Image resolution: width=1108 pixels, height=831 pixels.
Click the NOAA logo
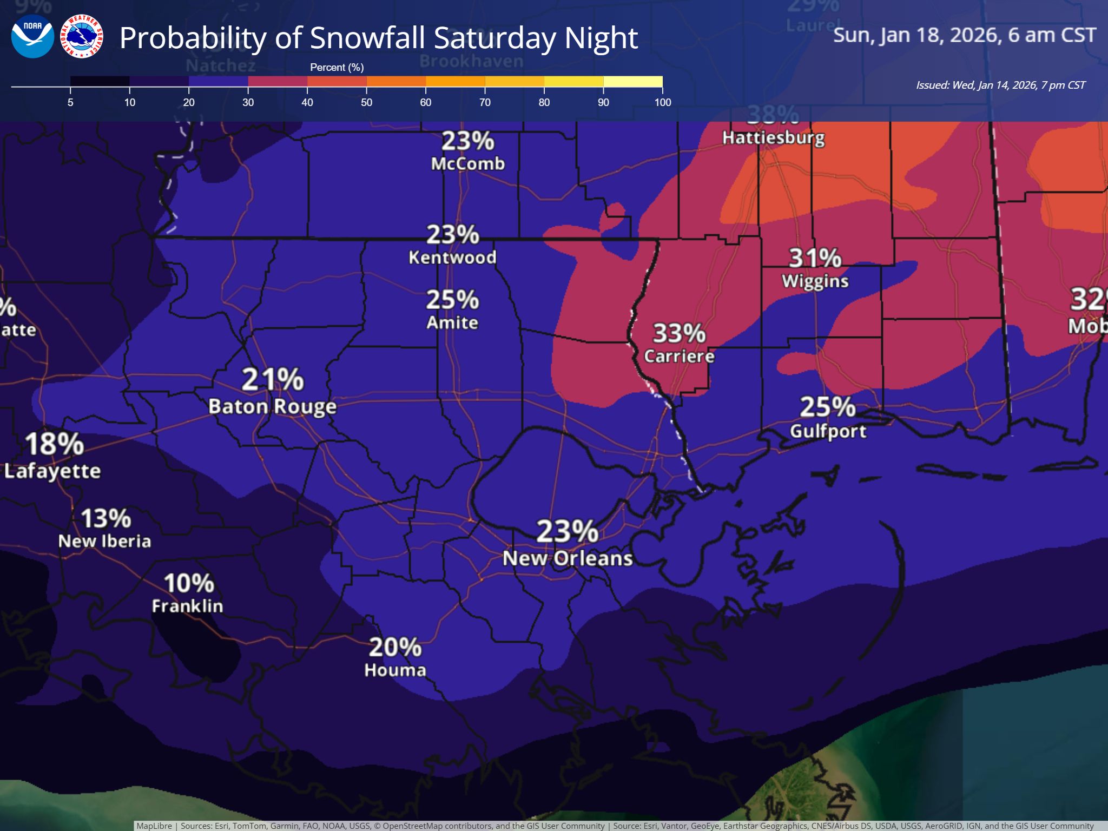pyautogui.click(x=32, y=37)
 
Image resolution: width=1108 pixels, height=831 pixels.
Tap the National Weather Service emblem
pyautogui.click(x=82, y=37)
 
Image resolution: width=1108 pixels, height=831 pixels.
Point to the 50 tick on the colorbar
pyautogui.click(x=366, y=102)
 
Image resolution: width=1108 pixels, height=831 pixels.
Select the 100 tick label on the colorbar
pyautogui.click(x=662, y=102)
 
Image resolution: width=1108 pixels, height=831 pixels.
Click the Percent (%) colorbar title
pyautogui.click(x=337, y=67)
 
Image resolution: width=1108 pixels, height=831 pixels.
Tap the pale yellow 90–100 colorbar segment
pyautogui.click(x=632, y=82)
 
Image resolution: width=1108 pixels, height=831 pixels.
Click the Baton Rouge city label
pyautogui.click(x=272, y=406)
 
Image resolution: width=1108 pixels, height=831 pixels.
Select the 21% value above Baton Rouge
pyautogui.click(x=272, y=379)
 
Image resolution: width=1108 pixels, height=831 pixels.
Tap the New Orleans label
pyautogui.click(x=567, y=558)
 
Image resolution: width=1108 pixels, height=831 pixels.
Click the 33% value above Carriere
pyautogui.click(x=679, y=333)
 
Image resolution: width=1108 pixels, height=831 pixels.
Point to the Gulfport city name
pyautogui.click(x=828, y=431)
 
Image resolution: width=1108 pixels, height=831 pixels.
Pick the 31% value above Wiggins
pyautogui.click(x=815, y=258)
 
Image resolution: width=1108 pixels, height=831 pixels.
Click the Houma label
pyautogui.click(x=395, y=670)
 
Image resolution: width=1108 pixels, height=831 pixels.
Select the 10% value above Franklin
pyautogui.click(x=189, y=583)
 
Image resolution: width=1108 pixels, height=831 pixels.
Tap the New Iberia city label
pyautogui.click(x=104, y=541)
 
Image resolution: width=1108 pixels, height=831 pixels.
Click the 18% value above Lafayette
pyautogui.click(x=54, y=444)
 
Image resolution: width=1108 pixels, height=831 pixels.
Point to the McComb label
pyautogui.click(x=467, y=163)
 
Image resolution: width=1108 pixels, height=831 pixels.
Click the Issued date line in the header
pyautogui.click(x=1000, y=85)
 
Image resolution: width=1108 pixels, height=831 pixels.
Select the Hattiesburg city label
pyautogui.click(x=773, y=137)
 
